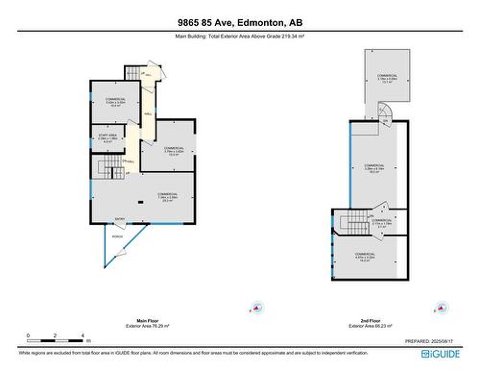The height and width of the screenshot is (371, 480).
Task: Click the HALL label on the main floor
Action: (x=148, y=113)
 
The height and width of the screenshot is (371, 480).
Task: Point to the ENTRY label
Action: (x=120, y=218)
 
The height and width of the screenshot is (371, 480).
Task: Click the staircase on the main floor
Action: (x=108, y=170)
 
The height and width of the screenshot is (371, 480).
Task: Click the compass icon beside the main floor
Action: (x=247, y=310)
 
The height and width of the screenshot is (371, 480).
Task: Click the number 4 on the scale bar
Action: (x=84, y=335)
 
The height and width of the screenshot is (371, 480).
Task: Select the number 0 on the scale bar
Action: (x=29, y=335)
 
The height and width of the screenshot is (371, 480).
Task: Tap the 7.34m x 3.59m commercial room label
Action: (x=168, y=198)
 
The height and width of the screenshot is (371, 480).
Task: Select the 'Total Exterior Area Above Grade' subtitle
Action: (x=240, y=37)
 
